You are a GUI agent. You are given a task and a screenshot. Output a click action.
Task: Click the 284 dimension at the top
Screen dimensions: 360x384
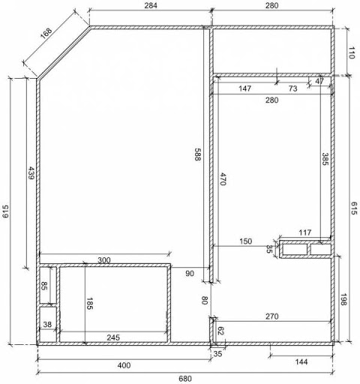pyautogui.click(x=151, y=5)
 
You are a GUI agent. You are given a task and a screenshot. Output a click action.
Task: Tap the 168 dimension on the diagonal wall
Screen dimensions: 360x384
pyautogui.click(x=46, y=33)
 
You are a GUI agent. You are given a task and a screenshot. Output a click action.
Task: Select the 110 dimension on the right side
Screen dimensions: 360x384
pyautogui.click(x=352, y=52)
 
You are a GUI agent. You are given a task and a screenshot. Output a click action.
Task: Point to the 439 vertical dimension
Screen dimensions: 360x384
pyautogui.click(x=31, y=173)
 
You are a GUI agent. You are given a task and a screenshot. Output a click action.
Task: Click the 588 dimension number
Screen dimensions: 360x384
pyautogui.click(x=198, y=154)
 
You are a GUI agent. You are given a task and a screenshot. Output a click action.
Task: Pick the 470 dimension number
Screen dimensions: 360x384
pyautogui.click(x=223, y=178)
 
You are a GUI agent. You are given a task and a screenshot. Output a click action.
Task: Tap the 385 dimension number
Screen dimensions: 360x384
pyautogui.click(x=325, y=159)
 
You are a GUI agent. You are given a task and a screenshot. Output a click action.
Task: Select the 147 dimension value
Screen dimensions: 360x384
pyautogui.click(x=244, y=88)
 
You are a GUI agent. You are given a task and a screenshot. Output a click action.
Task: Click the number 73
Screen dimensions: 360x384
pyautogui.click(x=292, y=88)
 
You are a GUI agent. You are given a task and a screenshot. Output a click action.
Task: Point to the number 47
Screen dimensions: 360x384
pyautogui.click(x=319, y=81)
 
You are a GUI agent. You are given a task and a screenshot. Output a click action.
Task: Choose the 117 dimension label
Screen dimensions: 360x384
pyautogui.click(x=305, y=232)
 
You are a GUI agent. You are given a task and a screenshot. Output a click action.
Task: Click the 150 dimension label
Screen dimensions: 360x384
pyautogui.click(x=246, y=241)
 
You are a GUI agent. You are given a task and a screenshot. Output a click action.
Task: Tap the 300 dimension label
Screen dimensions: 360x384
pyautogui.click(x=104, y=260)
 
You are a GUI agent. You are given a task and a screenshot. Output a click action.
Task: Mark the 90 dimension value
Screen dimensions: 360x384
pyautogui.click(x=190, y=274)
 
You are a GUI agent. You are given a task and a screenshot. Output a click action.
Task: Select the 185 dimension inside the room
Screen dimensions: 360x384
pyautogui.click(x=89, y=304)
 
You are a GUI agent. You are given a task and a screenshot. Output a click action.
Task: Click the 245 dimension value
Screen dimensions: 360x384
pyautogui.click(x=113, y=337)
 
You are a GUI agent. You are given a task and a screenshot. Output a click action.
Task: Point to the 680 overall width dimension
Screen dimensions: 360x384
pyautogui.click(x=185, y=379)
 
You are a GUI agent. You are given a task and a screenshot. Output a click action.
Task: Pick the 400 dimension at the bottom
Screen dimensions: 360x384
pyautogui.click(x=124, y=365)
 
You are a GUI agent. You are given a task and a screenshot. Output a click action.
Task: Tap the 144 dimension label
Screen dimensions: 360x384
pyautogui.click(x=301, y=361)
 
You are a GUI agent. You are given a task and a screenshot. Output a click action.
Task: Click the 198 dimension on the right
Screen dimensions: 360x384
pyautogui.click(x=343, y=299)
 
